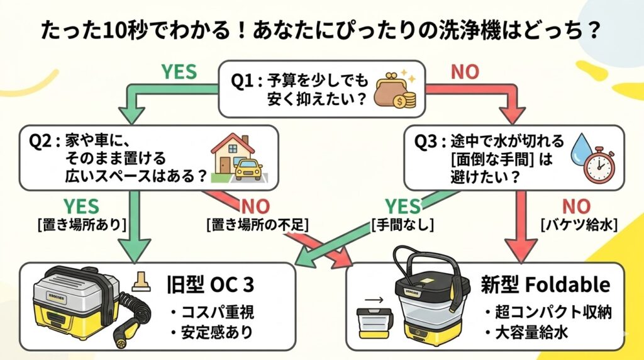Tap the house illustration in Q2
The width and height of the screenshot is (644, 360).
226,155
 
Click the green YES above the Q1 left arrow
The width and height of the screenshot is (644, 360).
180,72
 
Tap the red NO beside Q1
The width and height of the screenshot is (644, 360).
465,72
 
